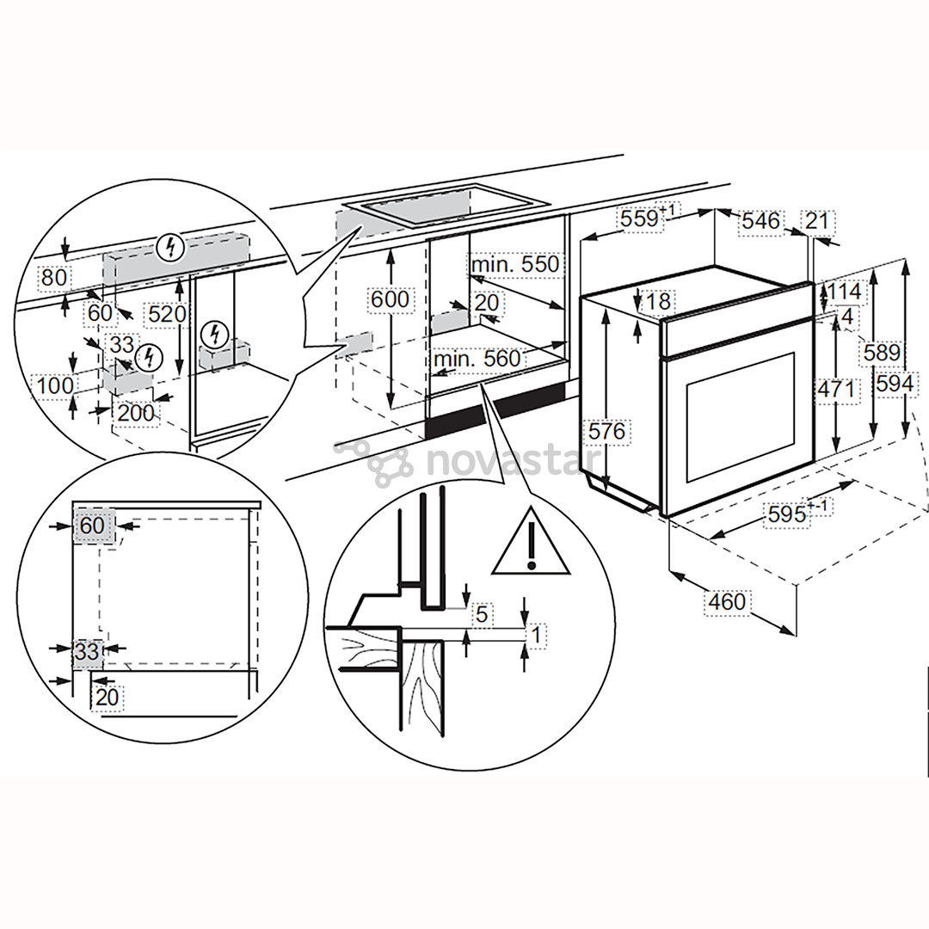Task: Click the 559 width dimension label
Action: pos(642,219)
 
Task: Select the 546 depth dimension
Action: pos(760,221)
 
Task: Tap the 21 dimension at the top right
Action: pos(817,221)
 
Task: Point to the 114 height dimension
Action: pos(845,292)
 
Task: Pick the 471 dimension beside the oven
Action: pos(836,390)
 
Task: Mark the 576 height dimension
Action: pos(607,430)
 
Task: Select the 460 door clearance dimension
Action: pos(727,601)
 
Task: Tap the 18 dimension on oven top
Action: pos(660,301)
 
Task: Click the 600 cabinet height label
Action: pos(391,299)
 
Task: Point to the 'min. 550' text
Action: pos(514,264)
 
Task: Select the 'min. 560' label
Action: pos(477,358)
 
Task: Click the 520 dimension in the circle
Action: pos(166,314)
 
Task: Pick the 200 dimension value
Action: pos(135,413)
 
